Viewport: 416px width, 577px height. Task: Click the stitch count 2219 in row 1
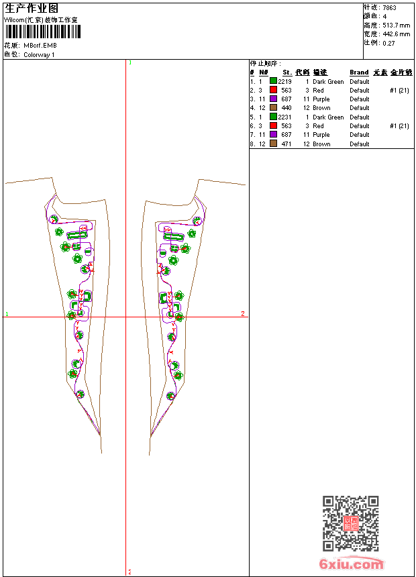285,81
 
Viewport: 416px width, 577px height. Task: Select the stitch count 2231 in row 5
285,117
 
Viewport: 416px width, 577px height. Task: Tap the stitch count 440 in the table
287,108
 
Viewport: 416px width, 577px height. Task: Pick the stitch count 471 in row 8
287,144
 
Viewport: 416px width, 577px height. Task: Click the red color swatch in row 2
274,90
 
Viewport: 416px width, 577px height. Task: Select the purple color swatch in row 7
274,134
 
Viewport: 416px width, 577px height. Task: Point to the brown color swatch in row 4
274,107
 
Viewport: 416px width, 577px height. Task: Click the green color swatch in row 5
274,117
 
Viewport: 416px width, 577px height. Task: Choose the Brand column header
359,72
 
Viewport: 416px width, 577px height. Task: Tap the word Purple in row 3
321,99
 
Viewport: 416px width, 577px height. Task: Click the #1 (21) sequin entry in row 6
399,125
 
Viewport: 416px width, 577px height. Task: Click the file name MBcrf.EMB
40,46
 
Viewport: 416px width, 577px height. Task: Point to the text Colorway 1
39,54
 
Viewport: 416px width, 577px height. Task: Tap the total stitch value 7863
389,8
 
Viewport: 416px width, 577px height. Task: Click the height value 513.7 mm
396,25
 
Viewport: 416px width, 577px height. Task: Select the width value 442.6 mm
396,34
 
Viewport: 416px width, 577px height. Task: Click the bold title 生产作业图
32,9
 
